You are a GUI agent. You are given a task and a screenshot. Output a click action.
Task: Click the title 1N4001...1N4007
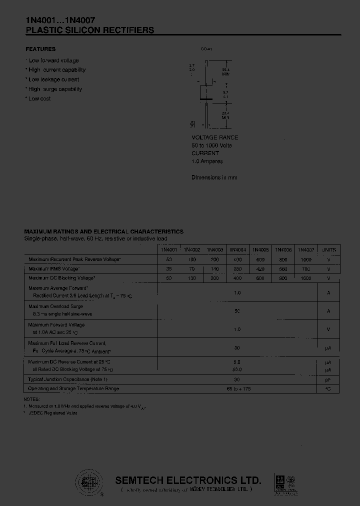(x=57, y=20)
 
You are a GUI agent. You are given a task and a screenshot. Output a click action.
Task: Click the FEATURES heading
(x=40, y=49)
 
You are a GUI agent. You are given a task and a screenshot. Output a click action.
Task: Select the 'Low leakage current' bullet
(x=53, y=79)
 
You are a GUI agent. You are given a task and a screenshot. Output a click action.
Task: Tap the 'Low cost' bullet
(x=38, y=98)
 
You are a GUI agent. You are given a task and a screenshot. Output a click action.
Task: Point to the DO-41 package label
(x=206, y=49)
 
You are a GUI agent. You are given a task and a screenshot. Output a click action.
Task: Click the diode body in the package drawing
(x=206, y=92)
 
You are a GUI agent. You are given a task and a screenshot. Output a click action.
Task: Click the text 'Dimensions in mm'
(x=214, y=177)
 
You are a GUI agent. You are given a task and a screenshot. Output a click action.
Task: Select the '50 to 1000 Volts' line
(x=211, y=145)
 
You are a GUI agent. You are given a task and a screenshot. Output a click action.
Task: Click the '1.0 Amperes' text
(x=207, y=161)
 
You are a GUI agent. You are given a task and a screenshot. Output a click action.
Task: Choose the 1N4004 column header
(x=237, y=249)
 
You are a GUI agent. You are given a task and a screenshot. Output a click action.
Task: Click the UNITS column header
(x=328, y=249)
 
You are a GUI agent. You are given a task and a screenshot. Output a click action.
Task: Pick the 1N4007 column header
(x=306, y=249)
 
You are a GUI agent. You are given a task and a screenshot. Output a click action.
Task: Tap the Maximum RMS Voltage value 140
(x=214, y=269)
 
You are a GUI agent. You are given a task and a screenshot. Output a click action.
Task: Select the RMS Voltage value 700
(x=306, y=269)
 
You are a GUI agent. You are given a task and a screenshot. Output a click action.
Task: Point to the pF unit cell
(x=328, y=379)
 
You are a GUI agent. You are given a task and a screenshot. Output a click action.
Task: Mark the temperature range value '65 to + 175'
(x=237, y=388)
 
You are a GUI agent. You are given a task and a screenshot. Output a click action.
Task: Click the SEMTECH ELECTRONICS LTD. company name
(x=188, y=480)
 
